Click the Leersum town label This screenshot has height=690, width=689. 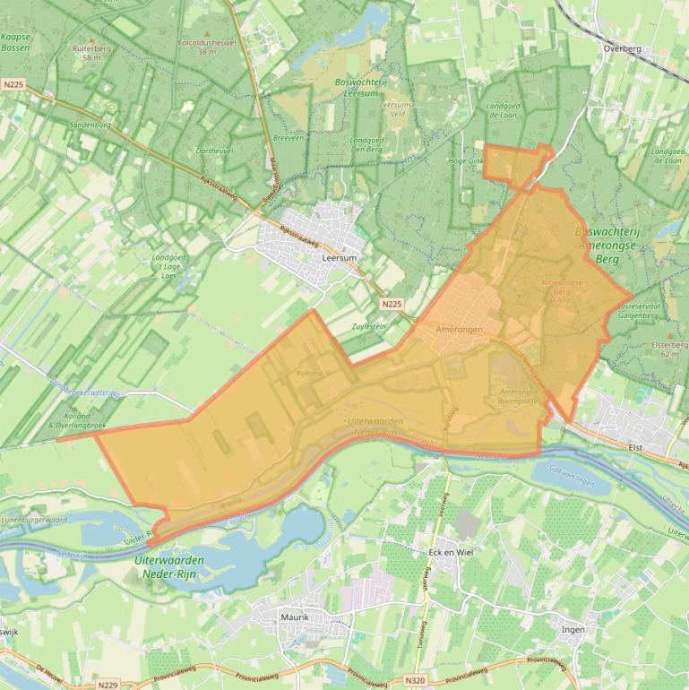point(339,258)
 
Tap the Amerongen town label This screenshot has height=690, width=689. point(459,330)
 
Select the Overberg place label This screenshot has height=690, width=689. point(624,49)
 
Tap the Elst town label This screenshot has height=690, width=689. point(637,445)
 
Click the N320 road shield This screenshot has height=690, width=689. point(415,681)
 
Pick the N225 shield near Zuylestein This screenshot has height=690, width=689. point(390,305)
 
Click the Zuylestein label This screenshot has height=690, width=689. point(369,326)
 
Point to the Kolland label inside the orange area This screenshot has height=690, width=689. point(309,372)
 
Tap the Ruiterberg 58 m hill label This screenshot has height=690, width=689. point(90,51)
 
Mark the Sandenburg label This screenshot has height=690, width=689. point(91,125)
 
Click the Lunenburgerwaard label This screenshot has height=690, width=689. point(34,519)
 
